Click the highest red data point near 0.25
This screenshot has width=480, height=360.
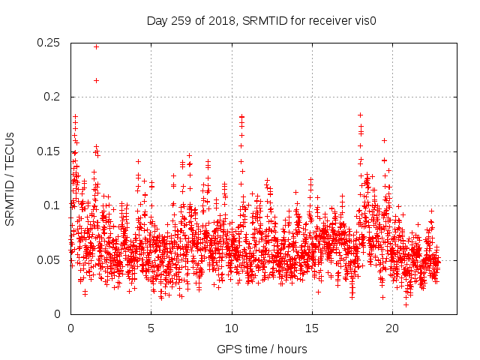pyautogui.click(x=96, y=46)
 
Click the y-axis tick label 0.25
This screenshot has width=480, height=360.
pyautogui.click(x=50, y=43)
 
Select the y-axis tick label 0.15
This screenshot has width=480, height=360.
pyautogui.click(x=50, y=151)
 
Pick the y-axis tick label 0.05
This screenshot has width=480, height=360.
pyautogui.click(x=50, y=259)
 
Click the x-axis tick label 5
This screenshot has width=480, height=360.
pyautogui.click(x=151, y=328)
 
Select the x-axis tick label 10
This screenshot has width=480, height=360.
pyautogui.click(x=232, y=328)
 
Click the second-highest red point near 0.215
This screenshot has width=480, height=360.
pyautogui.click(x=96, y=80)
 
